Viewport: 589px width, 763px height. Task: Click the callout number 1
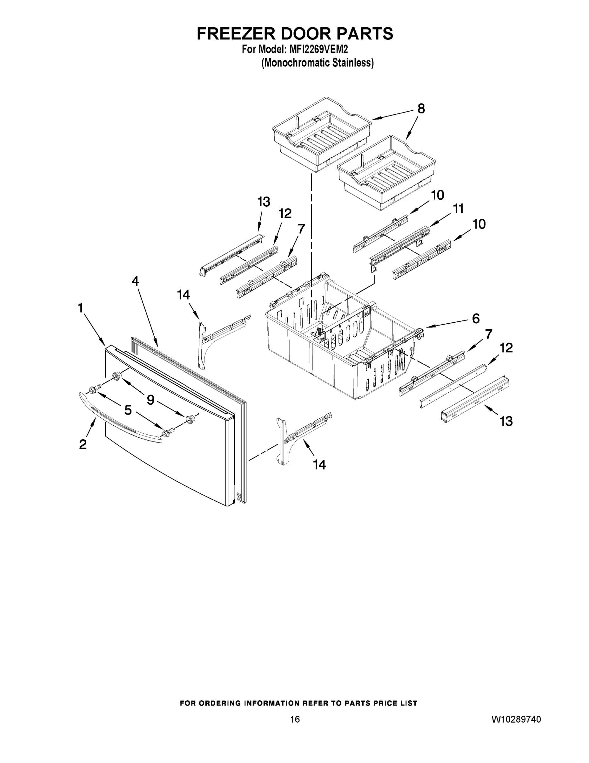click(81, 308)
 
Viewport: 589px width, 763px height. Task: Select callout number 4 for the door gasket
click(135, 281)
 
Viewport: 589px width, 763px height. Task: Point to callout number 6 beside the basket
click(476, 318)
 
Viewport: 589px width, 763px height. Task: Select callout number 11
click(458, 209)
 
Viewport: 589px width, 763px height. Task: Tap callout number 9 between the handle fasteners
click(151, 400)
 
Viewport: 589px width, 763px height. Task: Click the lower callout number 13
click(506, 421)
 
